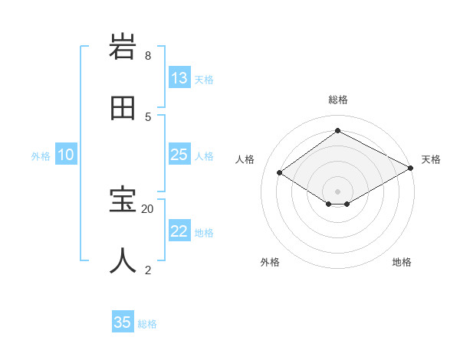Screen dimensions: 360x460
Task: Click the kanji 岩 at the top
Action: click(x=123, y=49)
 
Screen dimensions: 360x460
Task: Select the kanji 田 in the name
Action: click(x=123, y=108)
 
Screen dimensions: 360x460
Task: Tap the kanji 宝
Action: click(x=123, y=201)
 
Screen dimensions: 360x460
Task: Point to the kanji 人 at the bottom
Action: click(x=123, y=260)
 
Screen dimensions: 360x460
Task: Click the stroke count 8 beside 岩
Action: click(x=148, y=56)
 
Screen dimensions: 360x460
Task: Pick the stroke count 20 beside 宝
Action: click(x=148, y=208)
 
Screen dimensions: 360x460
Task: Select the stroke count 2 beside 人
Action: click(x=148, y=269)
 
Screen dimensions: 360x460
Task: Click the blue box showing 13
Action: click(x=179, y=78)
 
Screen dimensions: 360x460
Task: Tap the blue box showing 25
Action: click(x=179, y=155)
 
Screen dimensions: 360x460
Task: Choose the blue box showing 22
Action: click(x=179, y=231)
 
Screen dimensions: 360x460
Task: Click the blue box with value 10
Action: click(x=66, y=155)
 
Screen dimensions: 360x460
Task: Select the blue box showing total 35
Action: click(x=123, y=322)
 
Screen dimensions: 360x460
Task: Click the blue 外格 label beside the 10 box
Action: click(x=41, y=155)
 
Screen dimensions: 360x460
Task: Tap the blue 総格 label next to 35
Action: click(x=147, y=323)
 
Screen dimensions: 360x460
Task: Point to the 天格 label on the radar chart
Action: click(x=431, y=159)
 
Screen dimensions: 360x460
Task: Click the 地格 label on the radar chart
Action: click(x=402, y=262)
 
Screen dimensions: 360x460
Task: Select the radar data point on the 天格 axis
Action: click(x=411, y=169)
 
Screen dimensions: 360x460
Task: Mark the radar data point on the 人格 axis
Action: click(x=280, y=173)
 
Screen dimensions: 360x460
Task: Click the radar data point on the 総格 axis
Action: click(x=337, y=131)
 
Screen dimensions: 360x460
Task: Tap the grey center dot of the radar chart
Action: click(x=337, y=191)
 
